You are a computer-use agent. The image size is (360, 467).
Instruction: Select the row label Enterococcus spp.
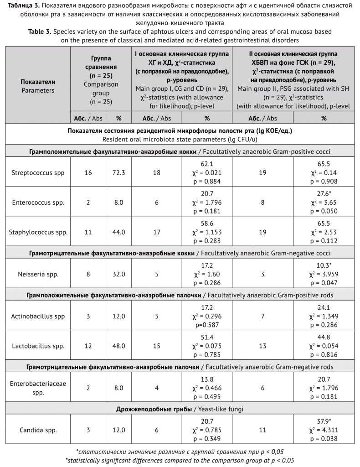(38, 202)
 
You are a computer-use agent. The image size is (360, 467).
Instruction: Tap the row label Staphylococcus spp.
(38, 232)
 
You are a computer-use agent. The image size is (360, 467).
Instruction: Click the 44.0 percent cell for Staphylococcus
(119, 232)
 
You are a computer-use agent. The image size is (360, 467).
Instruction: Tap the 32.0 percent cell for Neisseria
(119, 274)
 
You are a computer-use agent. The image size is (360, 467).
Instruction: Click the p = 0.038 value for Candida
(324, 439)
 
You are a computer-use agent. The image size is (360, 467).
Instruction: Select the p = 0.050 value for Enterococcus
(324, 211)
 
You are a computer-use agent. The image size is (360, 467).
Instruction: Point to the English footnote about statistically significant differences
(180, 460)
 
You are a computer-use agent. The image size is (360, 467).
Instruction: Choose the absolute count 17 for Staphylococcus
(157, 232)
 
